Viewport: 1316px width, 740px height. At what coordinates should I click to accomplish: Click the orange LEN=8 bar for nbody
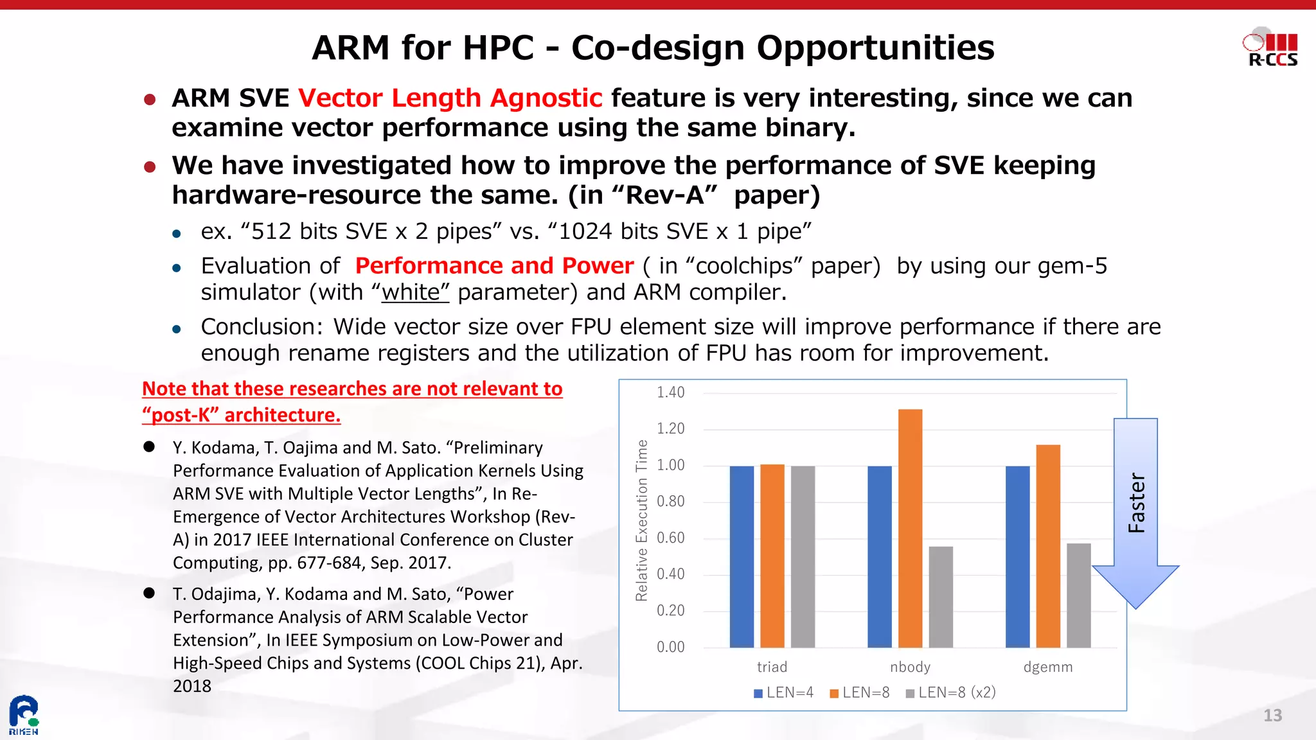[910, 528]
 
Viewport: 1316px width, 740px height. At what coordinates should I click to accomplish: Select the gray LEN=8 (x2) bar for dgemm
[1078, 595]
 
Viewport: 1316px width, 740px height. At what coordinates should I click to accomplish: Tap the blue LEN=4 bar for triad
[742, 556]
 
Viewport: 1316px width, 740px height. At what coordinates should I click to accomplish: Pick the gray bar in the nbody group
[941, 597]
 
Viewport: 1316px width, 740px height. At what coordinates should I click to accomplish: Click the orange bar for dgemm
[1048, 546]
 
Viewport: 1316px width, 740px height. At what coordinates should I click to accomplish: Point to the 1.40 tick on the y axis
[670, 392]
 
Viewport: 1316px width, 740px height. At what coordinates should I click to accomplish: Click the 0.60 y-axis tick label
[670, 538]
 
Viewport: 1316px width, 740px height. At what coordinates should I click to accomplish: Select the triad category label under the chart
[772, 667]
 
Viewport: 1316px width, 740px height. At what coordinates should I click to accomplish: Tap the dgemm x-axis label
[1047, 667]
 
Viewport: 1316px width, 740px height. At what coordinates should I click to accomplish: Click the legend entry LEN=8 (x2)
[951, 692]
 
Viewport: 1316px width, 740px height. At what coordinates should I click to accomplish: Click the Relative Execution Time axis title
[641, 520]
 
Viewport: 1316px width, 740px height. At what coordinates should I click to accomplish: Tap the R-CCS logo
[1271, 48]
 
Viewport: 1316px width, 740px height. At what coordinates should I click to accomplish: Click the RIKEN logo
[24, 714]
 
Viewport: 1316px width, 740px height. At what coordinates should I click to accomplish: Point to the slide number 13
[1272, 716]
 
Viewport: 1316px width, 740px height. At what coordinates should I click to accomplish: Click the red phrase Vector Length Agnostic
[450, 98]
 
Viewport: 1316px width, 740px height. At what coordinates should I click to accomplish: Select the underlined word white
[411, 292]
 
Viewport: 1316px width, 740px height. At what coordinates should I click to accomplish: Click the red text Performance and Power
[494, 266]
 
